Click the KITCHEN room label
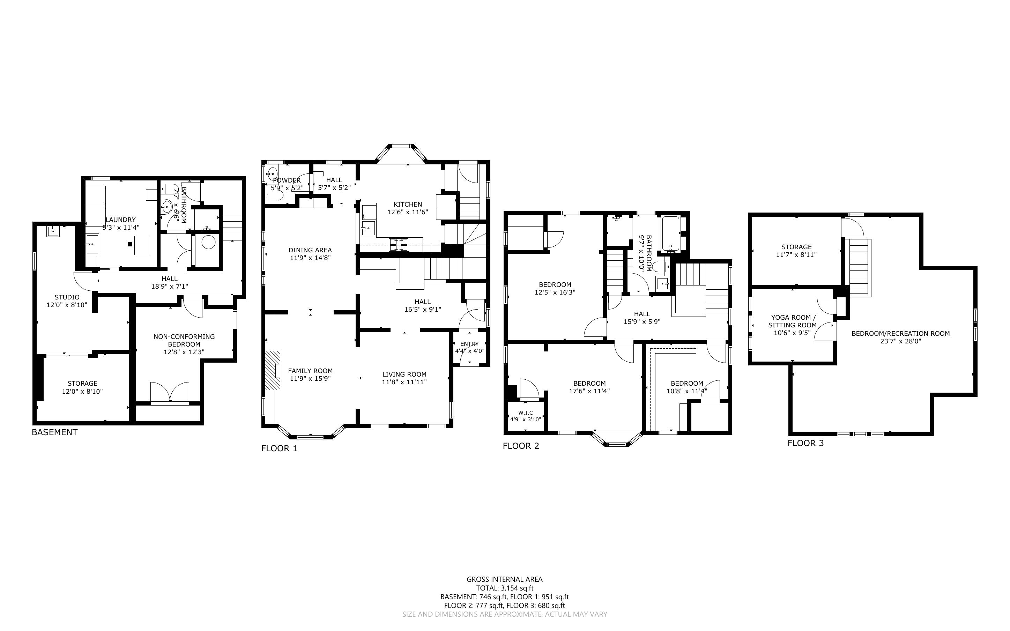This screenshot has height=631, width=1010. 408,205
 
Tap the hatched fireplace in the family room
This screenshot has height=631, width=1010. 273,370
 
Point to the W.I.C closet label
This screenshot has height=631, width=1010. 525,413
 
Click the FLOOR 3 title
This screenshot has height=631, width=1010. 805,443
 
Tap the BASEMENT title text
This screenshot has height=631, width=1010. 55,432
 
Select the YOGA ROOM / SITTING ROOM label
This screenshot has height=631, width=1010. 792,321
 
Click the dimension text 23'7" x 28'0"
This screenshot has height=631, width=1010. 900,341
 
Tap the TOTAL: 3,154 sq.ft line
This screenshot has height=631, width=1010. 505,588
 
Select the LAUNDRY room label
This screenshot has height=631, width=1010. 120,220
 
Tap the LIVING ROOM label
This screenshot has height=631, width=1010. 404,374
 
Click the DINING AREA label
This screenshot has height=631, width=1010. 310,250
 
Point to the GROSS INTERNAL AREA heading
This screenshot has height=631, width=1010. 504,579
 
